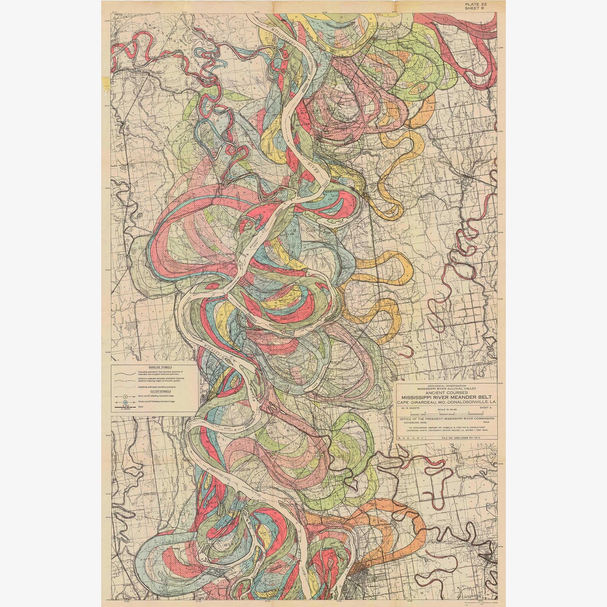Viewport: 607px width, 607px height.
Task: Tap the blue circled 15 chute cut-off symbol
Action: tap(125, 403)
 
